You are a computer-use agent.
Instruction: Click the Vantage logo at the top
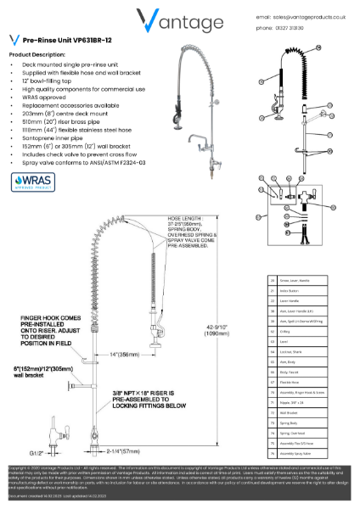click(180, 19)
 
